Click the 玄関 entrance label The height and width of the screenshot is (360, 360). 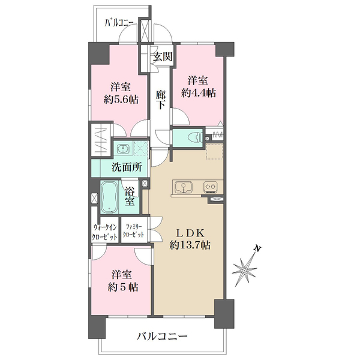[161, 58]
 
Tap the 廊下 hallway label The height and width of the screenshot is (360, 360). [160, 99]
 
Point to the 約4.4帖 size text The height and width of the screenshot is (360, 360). [199, 92]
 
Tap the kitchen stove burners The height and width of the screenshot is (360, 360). [211, 187]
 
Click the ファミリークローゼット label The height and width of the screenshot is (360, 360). [133, 232]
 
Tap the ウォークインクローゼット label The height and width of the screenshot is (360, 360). [105, 232]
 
